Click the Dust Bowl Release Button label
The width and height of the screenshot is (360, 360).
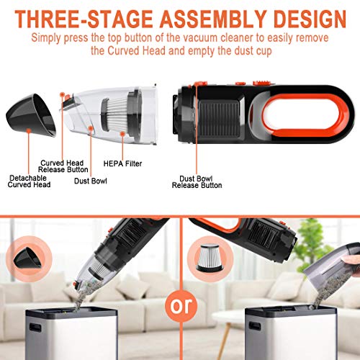[x=196, y=181]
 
